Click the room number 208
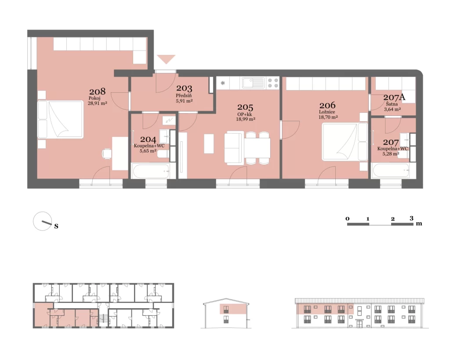pyautogui.click(x=97, y=92)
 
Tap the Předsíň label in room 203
pyautogui.click(x=184, y=95)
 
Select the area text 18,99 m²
pyautogui.click(x=246, y=119)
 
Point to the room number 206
pyautogui.click(x=327, y=105)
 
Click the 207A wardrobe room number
pyautogui.click(x=394, y=97)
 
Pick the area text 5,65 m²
pyautogui.click(x=148, y=151)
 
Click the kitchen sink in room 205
pyautogui.click(x=253, y=83)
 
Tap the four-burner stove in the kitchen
pyautogui.click(x=273, y=83)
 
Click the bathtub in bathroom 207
pyautogui.click(x=391, y=171)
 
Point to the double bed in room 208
pyautogui.click(x=61, y=119)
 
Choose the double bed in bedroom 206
pyautogui.click(x=345, y=142)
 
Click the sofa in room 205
pyautogui.click(x=234, y=148)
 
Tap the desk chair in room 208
pyautogui.click(x=107, y=154)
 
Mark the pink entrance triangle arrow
pyautogui.click(x=166, y=59)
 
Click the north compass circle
pyautogui.click(x=43, y=221)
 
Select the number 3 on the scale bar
pyautogui.click(x=411, y=218)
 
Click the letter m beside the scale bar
pyautogui.click(x=419, y=223)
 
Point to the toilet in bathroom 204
pyautogui.click(x=163, y=155)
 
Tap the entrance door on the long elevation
pyautogui.click(x=359, y=324)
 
